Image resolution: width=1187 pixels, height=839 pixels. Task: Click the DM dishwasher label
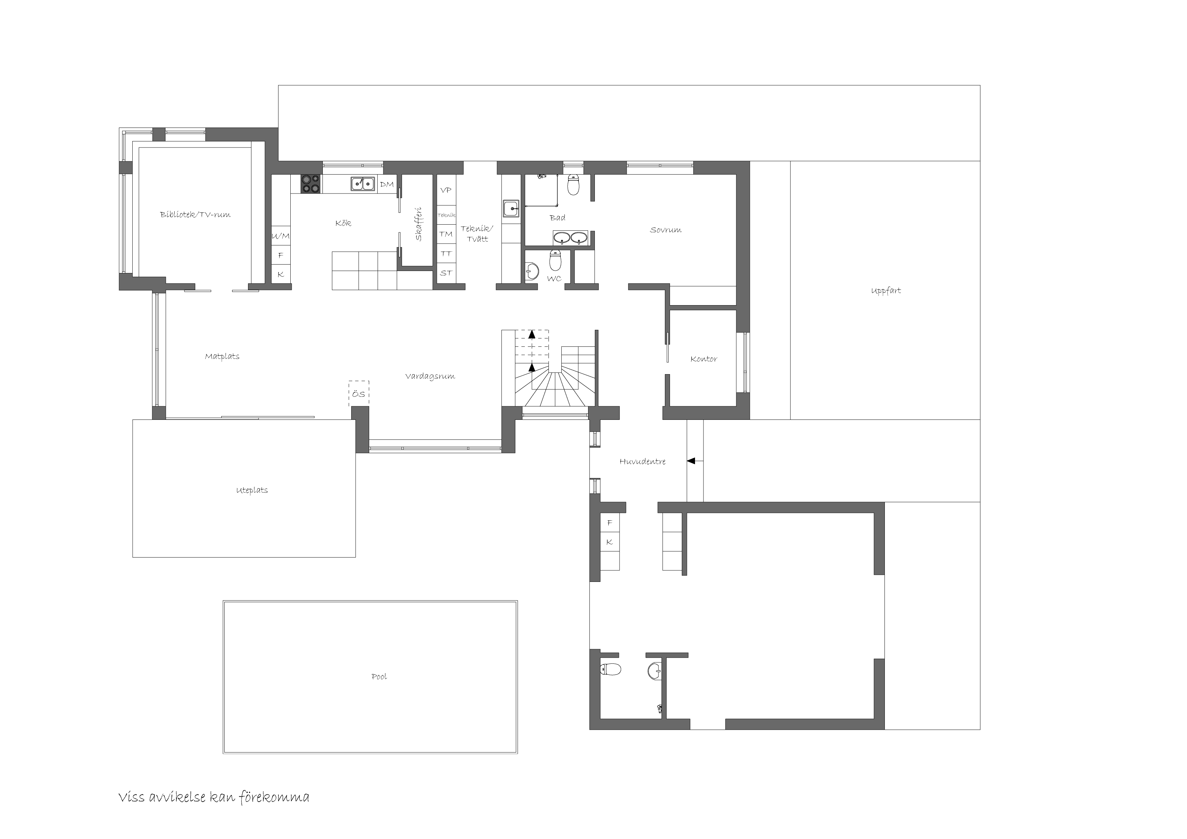coord(387,184)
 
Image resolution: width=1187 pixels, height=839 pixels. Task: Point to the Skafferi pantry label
coord(419,224)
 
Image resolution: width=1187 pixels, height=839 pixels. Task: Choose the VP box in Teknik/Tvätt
coord(446,190)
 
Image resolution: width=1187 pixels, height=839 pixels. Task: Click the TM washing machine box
coord(446,234)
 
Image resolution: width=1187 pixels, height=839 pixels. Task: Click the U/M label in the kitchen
coord(281,236)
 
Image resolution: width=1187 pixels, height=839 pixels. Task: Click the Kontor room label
coord(703,359)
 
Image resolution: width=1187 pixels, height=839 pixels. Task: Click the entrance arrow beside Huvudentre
coord(695,460)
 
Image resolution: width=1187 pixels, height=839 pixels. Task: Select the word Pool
coord(379,677)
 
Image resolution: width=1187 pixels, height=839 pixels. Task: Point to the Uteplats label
coord(252,490)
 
